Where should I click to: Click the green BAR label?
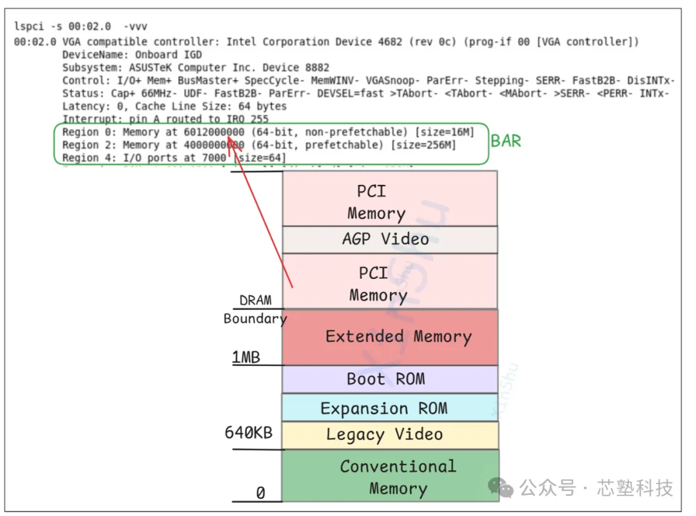coord(506,140)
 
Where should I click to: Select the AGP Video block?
coord(390,239)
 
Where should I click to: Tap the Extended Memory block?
coord(390,337)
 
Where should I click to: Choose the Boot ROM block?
coord(390,379)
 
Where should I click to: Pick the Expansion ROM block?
coord(390,408)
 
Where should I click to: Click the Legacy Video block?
coord(390,435)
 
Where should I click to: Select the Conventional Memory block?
coord(390,477)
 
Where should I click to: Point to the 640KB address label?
coord(249,432)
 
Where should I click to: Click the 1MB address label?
coord(246,357)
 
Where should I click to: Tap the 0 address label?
coord(260,493)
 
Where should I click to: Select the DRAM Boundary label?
coord(255,309)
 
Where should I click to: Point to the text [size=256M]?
coord(423,145)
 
